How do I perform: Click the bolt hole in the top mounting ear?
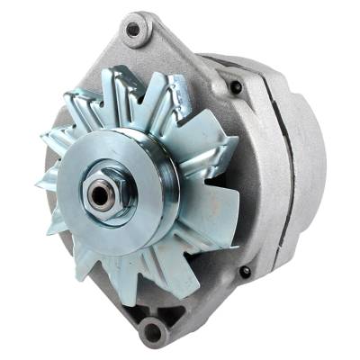[x=133, y=30]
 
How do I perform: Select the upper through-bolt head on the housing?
[x=236, y=87]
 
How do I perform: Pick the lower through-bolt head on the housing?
[x=245, y=271]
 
